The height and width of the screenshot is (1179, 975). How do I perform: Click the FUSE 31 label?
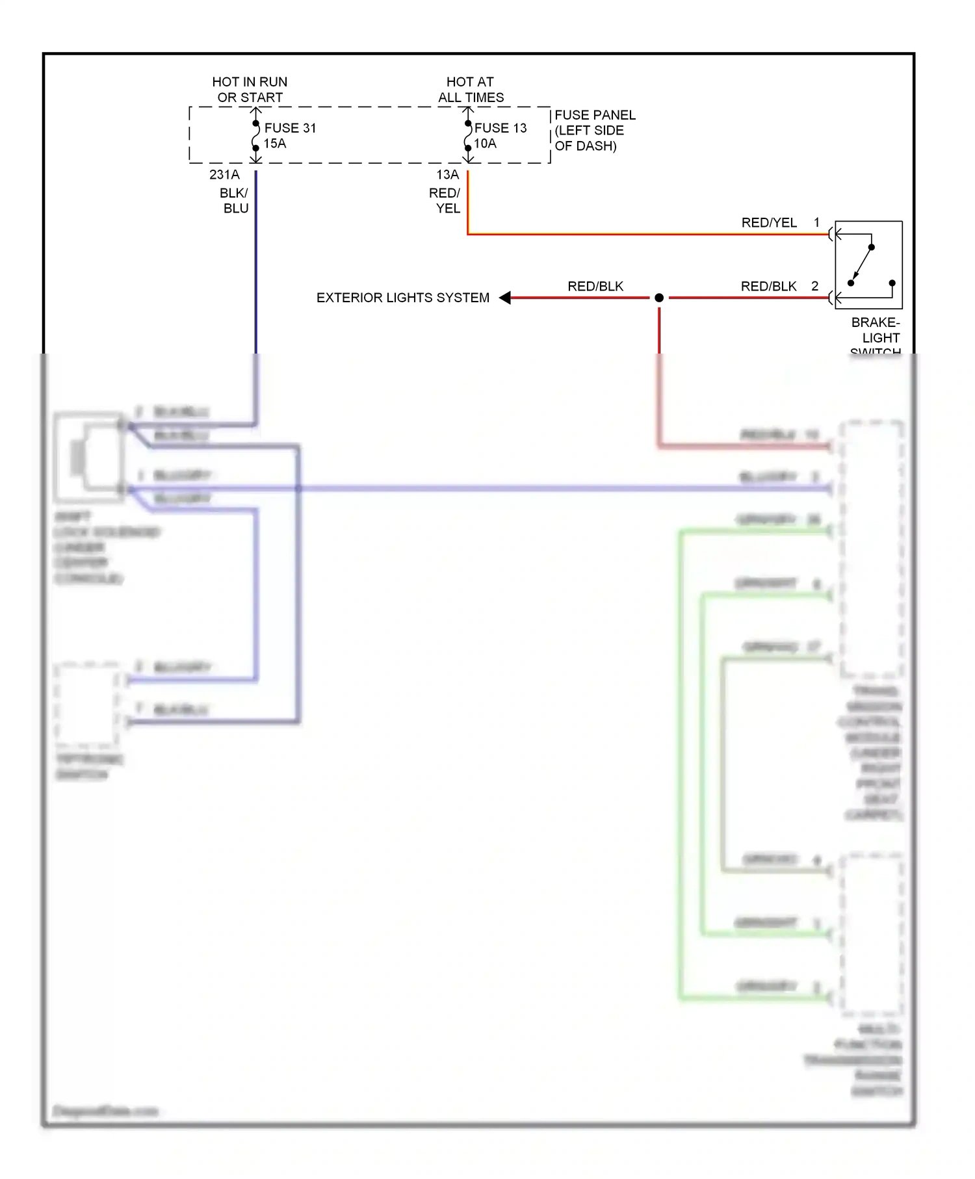(290, 128)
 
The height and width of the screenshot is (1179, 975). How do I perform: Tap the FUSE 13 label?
(500, 128)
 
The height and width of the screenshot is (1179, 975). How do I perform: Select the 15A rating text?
(274, 144)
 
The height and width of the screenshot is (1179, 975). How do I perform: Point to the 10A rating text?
(485, 144)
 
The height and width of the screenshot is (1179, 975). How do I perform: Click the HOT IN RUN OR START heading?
(250, 90)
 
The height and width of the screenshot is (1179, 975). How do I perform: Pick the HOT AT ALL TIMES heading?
(471, 90)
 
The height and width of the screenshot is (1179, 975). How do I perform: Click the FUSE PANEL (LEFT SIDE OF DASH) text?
(594, 131)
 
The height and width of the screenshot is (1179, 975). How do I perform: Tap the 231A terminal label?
(224, 175)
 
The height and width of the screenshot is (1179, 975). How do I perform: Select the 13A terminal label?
(447, 175)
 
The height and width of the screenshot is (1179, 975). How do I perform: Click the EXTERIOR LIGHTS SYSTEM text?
(402, 298)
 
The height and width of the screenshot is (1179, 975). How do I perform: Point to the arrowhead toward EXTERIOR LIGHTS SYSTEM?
(505, 298)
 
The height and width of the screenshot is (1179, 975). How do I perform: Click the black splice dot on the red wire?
(659, 298)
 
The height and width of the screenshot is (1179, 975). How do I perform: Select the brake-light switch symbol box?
(868, 265)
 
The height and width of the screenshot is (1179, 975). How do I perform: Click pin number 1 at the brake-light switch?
(816, 223)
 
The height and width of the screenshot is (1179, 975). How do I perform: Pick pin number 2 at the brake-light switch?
(814, 286)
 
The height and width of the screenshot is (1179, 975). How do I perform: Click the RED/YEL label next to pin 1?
(769, 223)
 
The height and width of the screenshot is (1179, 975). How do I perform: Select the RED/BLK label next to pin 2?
(768, 286)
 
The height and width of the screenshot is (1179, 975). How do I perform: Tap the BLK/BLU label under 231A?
(235, 201)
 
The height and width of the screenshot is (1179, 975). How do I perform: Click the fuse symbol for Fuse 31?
(256, 136)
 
